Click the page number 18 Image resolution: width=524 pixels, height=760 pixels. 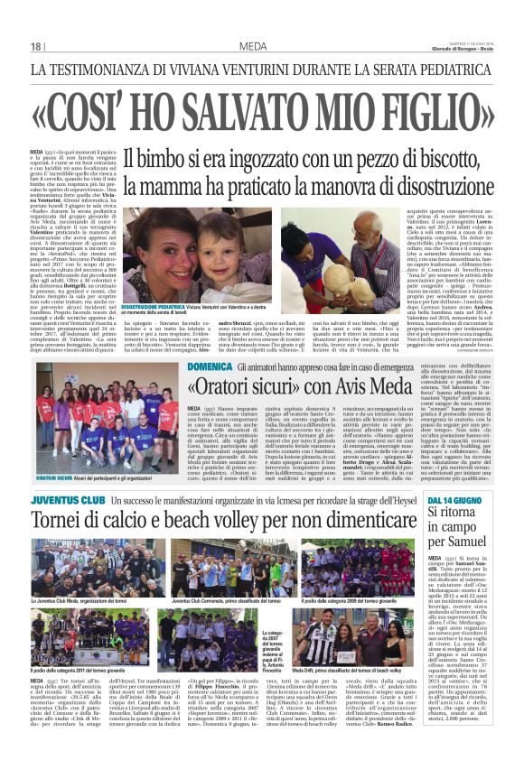tap(37, 46)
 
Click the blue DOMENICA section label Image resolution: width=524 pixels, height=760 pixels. tap(209, 367)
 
